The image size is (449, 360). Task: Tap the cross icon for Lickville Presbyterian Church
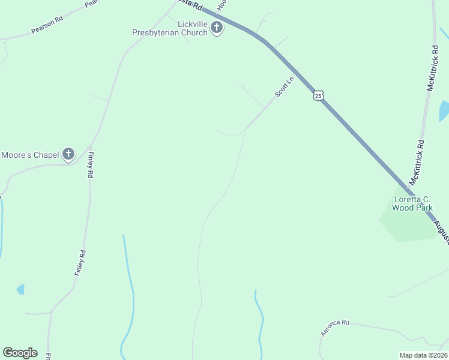[217, 28]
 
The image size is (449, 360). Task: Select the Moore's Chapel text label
[30, 155]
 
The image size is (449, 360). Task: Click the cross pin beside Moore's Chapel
[68, 154]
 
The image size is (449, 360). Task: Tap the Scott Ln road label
[285, 86]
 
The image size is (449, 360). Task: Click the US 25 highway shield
[318, 95]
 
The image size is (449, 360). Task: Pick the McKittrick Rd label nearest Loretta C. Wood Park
[417, 163]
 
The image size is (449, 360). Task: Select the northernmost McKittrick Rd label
[433, 68]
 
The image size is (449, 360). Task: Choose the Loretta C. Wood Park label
[412, 203]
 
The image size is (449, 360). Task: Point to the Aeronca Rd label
[335, 328]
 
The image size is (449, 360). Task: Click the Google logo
[20, 353]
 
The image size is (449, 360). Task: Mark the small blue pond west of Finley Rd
[20, 289]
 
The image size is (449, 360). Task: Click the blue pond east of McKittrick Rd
[444, 110]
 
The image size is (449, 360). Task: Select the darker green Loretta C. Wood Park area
[408, 225]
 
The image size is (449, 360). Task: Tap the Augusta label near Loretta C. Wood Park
[442, 232]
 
